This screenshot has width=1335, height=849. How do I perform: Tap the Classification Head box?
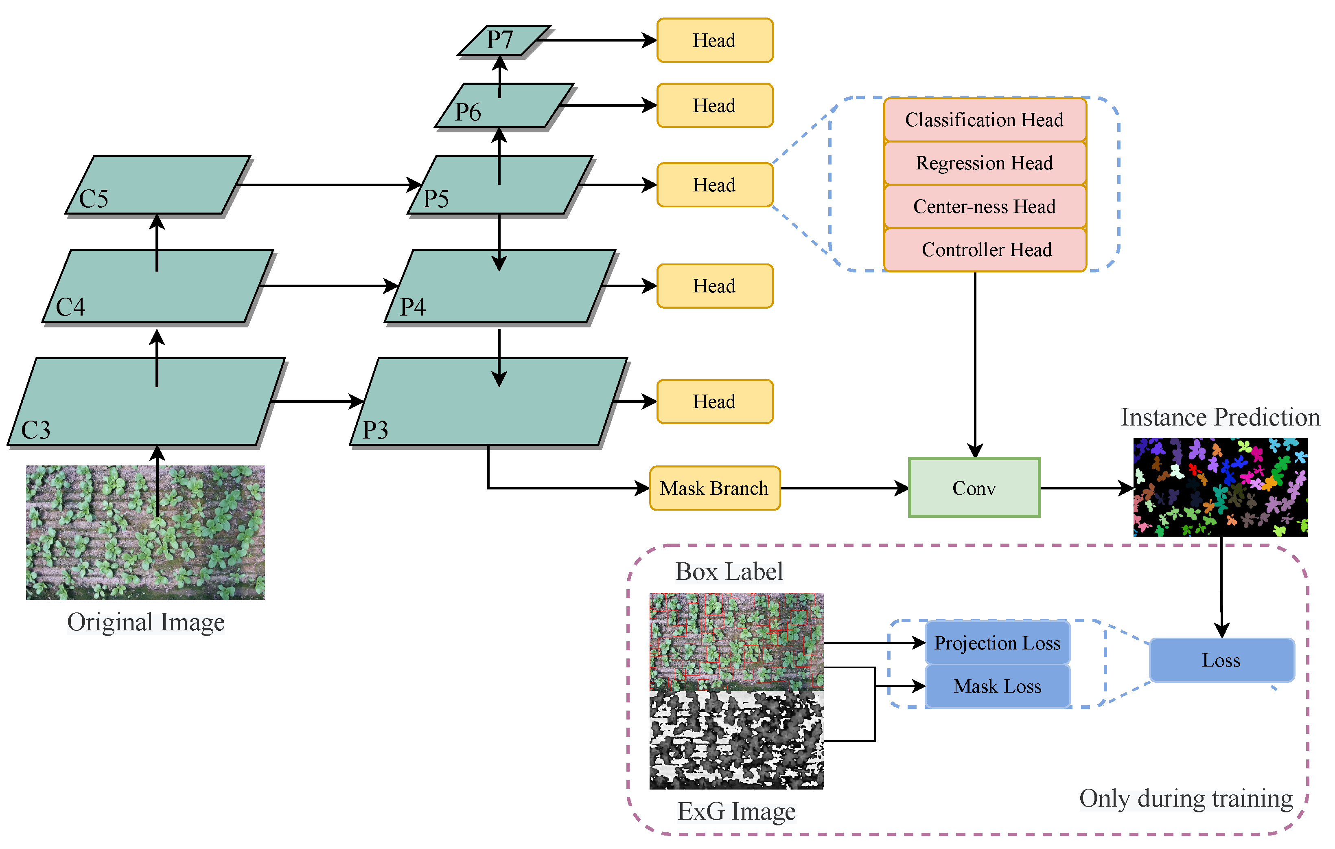(985, 120)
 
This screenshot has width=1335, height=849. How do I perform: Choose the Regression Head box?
(985, 163)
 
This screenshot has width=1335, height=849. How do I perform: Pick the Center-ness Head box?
(985, 206)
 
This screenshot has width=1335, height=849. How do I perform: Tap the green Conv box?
(974, 488)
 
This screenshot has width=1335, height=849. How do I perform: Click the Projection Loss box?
(997, 643)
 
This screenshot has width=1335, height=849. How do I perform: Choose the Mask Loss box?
(997, 687)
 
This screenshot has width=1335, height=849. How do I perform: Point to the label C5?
(93, 199)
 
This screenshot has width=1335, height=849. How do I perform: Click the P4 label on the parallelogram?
(413, 307)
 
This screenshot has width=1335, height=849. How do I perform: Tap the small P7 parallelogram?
(502, 40)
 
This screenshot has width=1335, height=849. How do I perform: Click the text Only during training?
(1186, 799)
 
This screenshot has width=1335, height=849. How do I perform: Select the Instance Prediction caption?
(1220, 417)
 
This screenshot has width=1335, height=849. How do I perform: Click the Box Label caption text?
(729, 572)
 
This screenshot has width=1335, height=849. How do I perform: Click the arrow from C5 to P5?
(327, 184)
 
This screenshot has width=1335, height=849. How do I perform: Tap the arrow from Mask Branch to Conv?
(843, 488)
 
